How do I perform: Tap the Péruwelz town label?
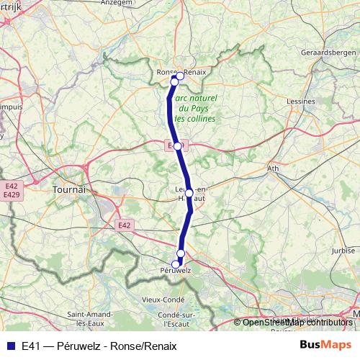click(175, 271)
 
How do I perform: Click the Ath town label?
click(273, 169)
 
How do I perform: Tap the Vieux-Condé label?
click(163, 299)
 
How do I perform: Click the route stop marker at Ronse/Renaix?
click(174, 82)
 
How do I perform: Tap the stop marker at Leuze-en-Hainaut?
click(189, 193)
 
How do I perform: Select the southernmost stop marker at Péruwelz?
click(176, 264)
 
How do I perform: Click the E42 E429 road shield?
click(11, 190)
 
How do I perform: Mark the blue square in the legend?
click(10, 345)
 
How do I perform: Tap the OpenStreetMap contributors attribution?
click(297, 323)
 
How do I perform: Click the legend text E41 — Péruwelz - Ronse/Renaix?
click(99, 346)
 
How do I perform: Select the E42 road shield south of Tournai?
click(125, 225)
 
